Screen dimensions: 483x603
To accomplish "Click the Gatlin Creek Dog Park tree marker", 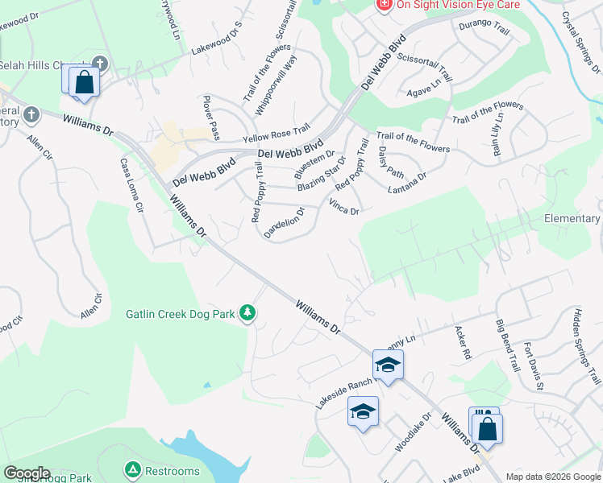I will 248,312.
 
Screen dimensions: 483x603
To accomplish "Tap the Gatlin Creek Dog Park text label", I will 183,313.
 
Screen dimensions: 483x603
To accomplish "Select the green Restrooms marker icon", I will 131,469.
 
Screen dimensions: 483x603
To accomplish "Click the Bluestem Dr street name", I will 314,163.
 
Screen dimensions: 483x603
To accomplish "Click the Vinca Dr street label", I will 344,207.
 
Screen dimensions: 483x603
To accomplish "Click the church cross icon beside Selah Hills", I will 99,64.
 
